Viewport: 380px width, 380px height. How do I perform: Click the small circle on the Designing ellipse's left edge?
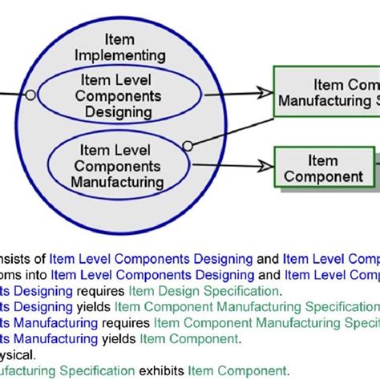click(x=30, y=95)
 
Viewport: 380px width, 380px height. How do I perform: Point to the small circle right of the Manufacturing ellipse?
click(x=188, y=146)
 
